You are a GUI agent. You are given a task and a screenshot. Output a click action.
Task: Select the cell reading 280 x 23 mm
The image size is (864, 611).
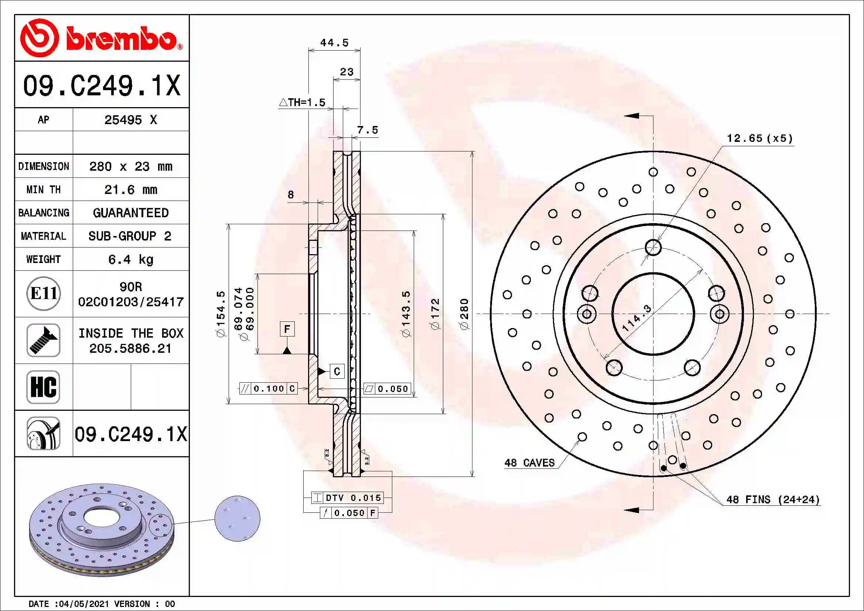(130, 166)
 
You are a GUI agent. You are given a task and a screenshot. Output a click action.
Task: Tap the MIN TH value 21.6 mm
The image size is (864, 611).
(130, 190)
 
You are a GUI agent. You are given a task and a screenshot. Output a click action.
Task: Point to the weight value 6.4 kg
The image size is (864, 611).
(130, 259)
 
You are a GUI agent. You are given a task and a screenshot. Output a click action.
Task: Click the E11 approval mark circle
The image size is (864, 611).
(44, 293)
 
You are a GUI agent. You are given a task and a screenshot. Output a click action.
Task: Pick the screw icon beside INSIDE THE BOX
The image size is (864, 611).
(44, 340)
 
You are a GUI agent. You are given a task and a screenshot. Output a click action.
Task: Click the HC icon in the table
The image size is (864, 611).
(44, 387)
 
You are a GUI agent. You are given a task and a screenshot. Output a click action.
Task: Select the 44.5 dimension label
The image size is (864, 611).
(334, 42)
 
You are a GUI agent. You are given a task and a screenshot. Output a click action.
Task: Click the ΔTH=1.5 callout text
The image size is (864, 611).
(302, 102)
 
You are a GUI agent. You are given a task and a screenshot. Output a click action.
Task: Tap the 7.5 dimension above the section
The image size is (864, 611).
(367, 130)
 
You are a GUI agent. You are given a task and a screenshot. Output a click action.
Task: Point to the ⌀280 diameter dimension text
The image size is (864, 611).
(465, 314)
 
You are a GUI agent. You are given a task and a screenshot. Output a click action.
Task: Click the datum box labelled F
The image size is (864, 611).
(287, 329)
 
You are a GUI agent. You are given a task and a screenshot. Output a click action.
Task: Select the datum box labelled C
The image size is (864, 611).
(337, 371)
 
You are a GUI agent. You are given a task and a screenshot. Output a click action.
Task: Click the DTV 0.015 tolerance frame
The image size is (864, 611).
(348, 498)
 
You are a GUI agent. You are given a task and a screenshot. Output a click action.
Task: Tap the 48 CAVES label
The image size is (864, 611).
(529, 463)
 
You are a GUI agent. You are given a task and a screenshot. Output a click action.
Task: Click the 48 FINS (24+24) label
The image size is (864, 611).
(772, 500)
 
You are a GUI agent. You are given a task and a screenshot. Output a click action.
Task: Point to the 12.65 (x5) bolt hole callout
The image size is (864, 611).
(759, 139)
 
